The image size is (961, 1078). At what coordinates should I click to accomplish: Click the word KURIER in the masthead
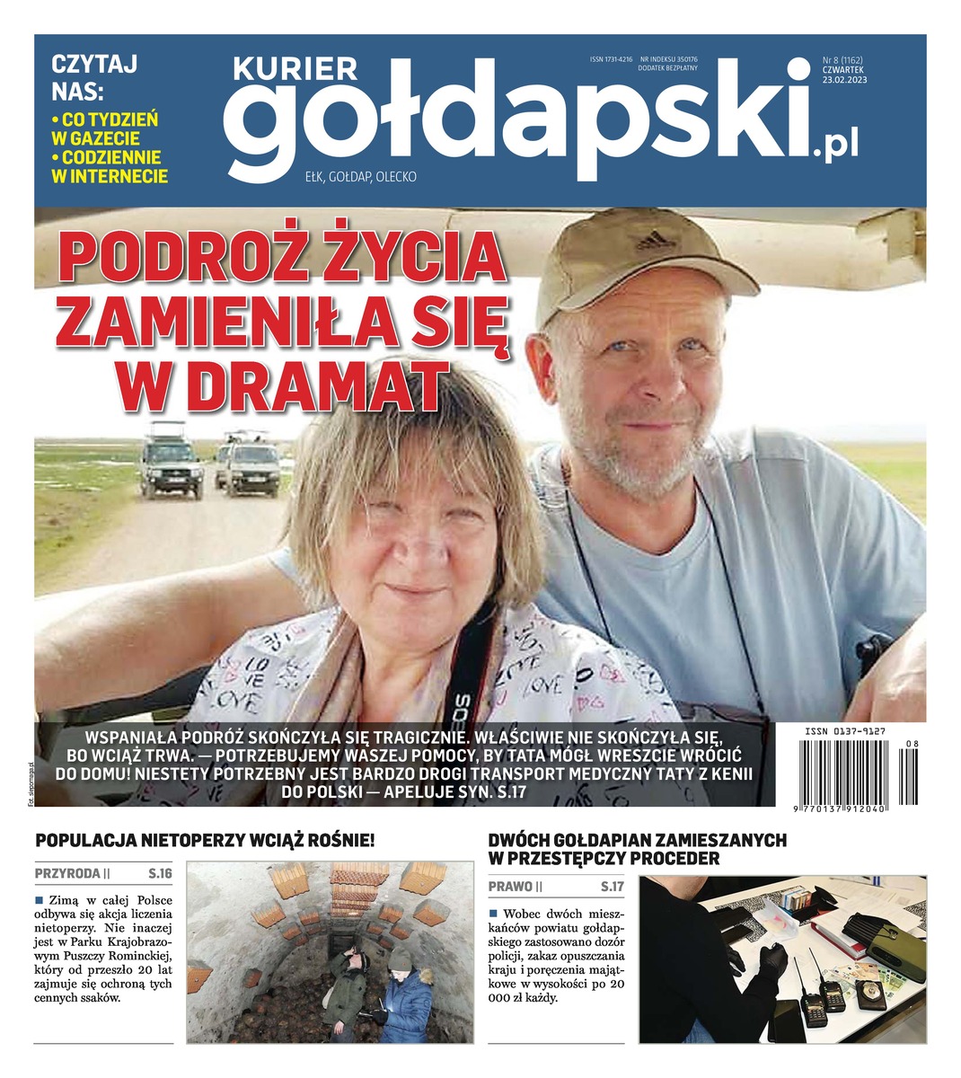tap(295, 69)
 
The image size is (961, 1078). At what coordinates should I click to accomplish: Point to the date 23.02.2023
tap(844, 79)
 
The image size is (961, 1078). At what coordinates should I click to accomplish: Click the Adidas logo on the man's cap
tap(654, 240)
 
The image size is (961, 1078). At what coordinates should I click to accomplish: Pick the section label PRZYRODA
tap(68, 872)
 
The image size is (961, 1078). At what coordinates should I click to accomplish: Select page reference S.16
tap(160, 872)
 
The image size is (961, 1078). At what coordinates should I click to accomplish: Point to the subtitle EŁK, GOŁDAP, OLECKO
tap(360, 177)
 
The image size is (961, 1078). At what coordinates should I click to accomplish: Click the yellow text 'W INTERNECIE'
tap(110, 176)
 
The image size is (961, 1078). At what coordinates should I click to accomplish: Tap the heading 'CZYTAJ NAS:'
tap(81, 77)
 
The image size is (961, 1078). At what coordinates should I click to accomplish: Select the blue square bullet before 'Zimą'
tap(40, 899)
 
